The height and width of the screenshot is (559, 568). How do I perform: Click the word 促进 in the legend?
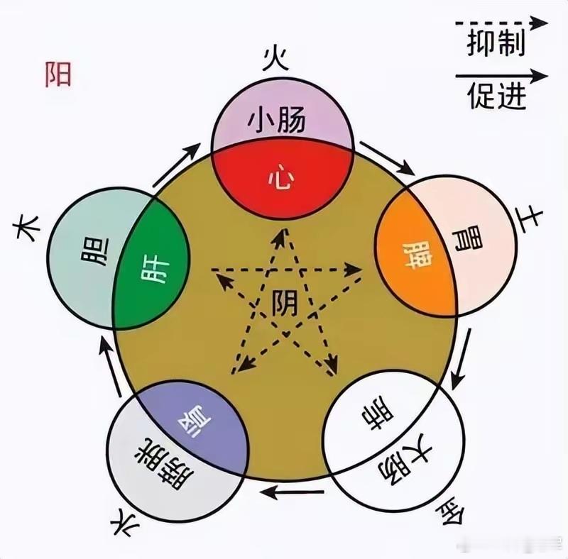(497, 96)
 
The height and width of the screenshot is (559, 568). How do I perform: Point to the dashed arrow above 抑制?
(501, 23)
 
